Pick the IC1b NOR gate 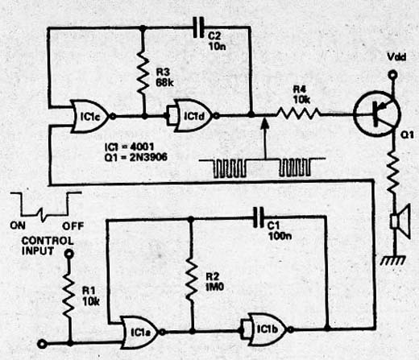click(x=268, y=329)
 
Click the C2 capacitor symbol click(x=199, y=27)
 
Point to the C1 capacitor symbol click(x=259, y=217)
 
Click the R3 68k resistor click(x=143, y=72)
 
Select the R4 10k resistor click(x=298, y=114)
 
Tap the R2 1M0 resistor click(x=191, y=279)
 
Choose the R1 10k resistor click(x=69, y=296)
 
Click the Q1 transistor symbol click(x=377, y=114)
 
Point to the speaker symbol click(x=400, y=221)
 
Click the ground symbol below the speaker click(x=393, y=260)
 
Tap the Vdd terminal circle click(x=392, y=75)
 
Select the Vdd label click(x=396, y=56)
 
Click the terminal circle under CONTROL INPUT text click(x=69, y=254)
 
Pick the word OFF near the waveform click(x=73, y=226)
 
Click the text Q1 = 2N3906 click(x=135, y=157)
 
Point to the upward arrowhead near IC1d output click(x=265, y=122)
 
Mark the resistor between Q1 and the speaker click(x=393, y=172)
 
